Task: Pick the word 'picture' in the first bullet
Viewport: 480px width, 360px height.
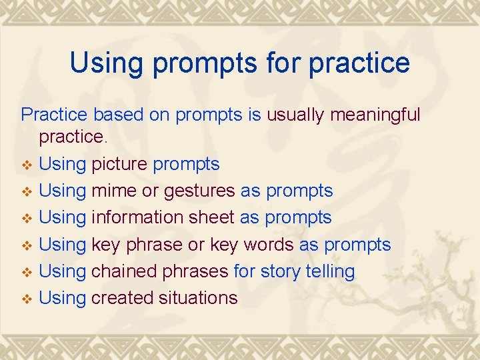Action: [119, 163]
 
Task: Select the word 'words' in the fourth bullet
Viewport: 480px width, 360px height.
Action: [268, 245]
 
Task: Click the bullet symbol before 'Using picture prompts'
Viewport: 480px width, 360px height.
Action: [27, 165]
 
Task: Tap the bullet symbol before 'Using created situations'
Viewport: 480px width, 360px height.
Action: [27, 299]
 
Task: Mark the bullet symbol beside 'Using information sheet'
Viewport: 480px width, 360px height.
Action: [27, 219]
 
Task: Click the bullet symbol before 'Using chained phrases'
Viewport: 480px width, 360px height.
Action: [27, 272]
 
